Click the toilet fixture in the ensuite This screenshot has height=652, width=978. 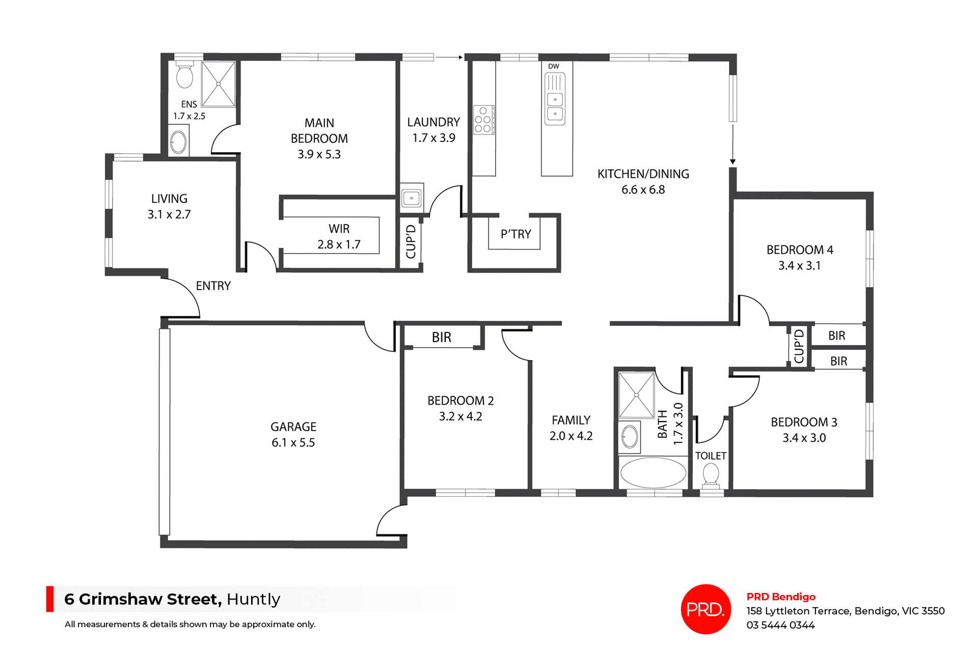[x=184, y=76]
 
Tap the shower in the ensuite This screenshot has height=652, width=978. [x=219, y=84]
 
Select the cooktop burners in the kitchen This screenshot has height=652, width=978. [x=483, y=120]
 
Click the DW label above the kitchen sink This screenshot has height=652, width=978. [x=554, y=66]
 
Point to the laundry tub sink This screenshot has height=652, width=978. [x=411, y=197]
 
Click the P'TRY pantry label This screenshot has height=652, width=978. [x=515, y=234]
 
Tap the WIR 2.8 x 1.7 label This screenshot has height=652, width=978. [x=339, y=237]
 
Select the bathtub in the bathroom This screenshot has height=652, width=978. [x=653, y=473]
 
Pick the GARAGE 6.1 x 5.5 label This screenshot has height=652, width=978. [x=293, y=435]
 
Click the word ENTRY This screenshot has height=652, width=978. [x=213, y=286]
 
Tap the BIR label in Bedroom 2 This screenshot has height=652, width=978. [x=442, y=337]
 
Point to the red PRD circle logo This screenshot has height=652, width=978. [x=705, y=609]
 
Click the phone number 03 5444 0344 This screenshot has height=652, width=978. [x=780, y=625]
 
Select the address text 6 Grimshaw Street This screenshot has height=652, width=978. [x=143, y=599]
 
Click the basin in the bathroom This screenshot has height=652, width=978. [x=630, y=437]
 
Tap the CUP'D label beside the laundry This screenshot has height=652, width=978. [x=411, y=242]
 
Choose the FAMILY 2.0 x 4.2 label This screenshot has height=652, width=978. [x=571, y=428]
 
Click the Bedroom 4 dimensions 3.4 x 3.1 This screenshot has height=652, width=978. [x=799, y=266]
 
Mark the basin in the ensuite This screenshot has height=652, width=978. [x=178, y=142]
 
